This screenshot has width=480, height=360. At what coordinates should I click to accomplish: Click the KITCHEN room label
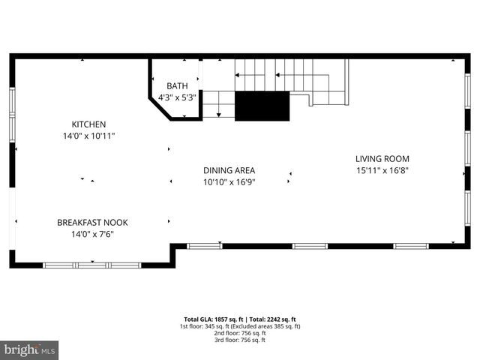click(88, 124)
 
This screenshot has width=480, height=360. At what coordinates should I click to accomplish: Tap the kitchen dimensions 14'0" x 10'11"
click(88, 136)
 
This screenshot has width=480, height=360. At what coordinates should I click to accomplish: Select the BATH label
click(178, 86)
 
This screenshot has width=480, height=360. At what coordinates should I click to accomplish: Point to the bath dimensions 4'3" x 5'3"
click(178, 97)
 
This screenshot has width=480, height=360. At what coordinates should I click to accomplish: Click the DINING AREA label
click(229, 170)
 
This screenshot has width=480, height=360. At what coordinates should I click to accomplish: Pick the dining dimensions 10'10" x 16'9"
click(229, 181)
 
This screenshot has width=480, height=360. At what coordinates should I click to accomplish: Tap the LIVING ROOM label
click(382, 158)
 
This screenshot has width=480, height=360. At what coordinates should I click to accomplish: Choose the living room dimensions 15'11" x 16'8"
click(382, 170)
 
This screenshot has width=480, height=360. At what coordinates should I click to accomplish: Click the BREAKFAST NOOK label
click(93, 223)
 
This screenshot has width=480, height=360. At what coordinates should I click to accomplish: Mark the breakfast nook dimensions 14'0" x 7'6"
click(93, 234)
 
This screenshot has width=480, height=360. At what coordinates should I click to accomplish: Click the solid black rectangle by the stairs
click(262, 106)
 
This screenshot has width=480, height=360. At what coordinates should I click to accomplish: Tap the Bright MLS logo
click(30, 349)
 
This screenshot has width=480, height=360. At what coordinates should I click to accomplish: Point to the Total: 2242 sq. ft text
click(273, 319)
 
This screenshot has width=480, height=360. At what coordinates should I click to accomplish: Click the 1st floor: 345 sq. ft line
click(240, 326)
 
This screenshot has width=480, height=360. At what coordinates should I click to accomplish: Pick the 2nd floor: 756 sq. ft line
click(240, 333)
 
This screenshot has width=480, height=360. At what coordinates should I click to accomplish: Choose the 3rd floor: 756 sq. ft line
click(240, 340)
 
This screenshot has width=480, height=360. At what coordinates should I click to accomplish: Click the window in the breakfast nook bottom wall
click(92, 265)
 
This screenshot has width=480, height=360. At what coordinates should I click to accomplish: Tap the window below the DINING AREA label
click(204, 246)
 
